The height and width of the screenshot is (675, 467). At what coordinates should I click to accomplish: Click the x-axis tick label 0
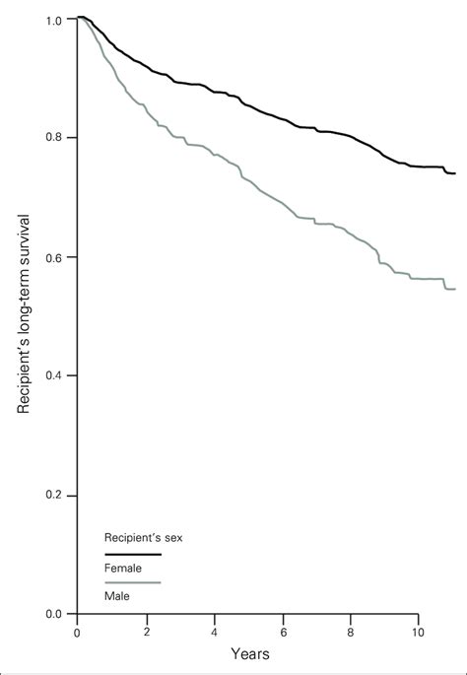[x=77, y=632]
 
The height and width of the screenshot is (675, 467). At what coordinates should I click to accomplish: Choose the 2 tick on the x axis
[x=146, y=632]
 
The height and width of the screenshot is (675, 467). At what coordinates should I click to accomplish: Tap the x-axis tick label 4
[x=214, y=632]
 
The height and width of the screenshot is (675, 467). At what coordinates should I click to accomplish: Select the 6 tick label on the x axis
[x=283, y=632]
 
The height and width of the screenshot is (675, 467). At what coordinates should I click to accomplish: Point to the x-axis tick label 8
[x=351, y=632]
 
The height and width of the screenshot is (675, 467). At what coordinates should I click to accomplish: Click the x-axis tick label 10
[x=418, y=632]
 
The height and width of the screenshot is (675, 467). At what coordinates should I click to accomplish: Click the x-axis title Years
[x=250, y=653]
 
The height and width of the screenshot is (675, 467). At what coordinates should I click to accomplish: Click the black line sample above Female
[x=132, y=555]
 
